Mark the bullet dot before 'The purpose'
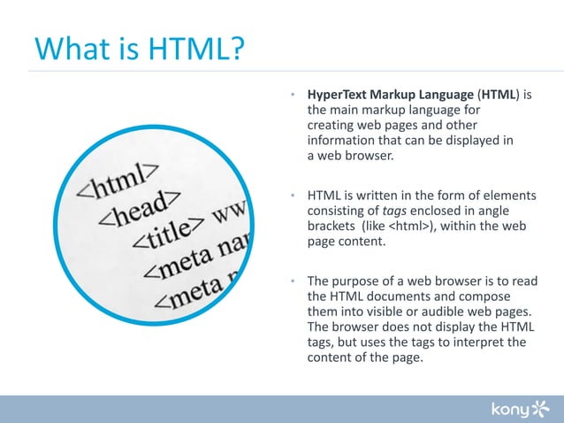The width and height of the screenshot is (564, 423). coord(293,283)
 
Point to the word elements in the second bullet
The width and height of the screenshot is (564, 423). coord(507,196)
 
